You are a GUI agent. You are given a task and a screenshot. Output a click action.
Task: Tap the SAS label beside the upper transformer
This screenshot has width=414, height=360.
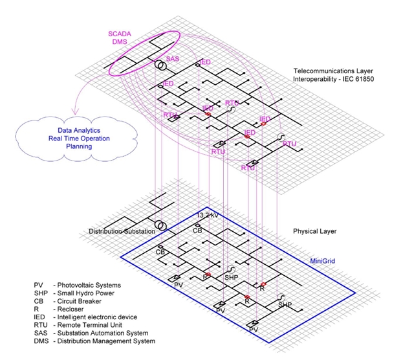coord(173,59)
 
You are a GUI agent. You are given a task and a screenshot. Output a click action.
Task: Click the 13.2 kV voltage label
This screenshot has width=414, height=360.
coord(208,215)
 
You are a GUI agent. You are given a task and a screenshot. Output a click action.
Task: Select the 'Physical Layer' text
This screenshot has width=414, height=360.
coord(315,231)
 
